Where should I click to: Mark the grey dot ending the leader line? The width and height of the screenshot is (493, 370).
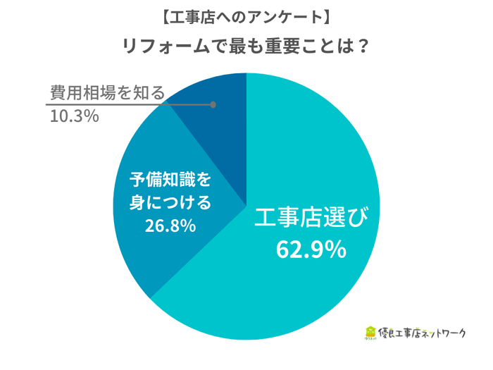[213, 105]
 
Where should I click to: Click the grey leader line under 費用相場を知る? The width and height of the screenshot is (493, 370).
[127, 105]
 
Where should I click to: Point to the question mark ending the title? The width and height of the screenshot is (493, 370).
[363, 45]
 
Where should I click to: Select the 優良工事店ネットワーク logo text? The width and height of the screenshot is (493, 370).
[423, 333]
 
